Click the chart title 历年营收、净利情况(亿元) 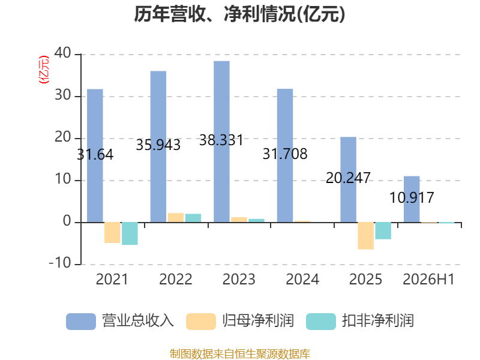(239, 14)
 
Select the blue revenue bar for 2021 (95, 155)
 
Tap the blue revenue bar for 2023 (221, 142)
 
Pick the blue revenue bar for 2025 (349, 179)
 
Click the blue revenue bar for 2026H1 (412, 199)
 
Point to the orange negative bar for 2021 (112, 233)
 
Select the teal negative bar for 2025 (383, 231)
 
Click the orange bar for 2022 (176, 218)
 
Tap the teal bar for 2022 (193, 218)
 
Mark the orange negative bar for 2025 (366, 236)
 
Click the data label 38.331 (221, 140)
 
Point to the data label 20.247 (348, 178)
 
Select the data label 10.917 (412, 197)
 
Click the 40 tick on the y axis (63, 53)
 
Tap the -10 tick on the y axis (60, 263)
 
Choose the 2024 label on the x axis (302, 279)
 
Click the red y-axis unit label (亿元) (43, 70)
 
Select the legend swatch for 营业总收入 (81, 322)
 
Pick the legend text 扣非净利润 (378, 321)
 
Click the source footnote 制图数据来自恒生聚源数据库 (240, 354)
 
